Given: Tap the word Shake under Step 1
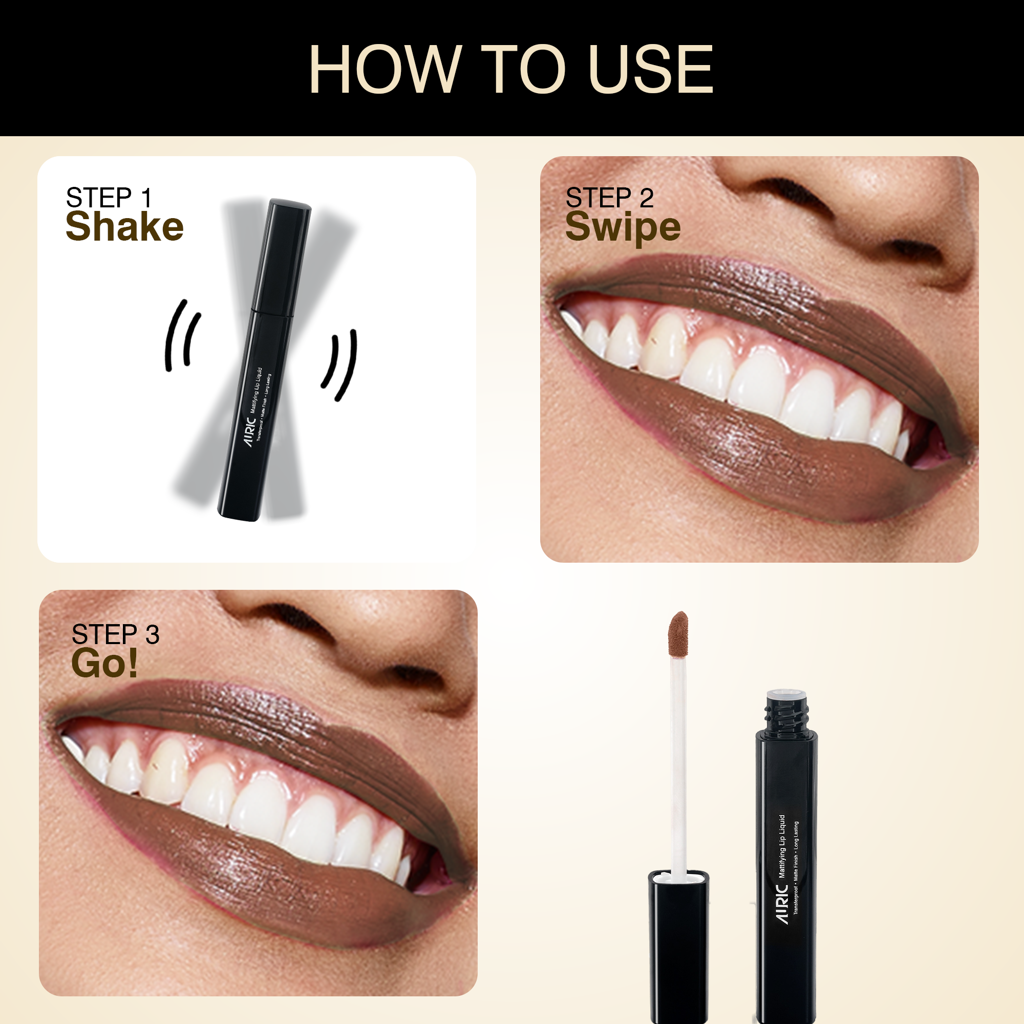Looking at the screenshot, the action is pos(124,227).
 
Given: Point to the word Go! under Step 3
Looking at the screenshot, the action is pos(104,663).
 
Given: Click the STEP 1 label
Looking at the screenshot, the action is pos(109,198).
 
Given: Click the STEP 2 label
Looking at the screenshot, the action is pos(609,198).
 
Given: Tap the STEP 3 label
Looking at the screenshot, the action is pos(116,634).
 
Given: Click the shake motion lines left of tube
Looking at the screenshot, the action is pos(182,335).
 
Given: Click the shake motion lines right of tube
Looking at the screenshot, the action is pos(339,365).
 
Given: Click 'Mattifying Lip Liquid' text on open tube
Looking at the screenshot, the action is pos(782,846).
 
